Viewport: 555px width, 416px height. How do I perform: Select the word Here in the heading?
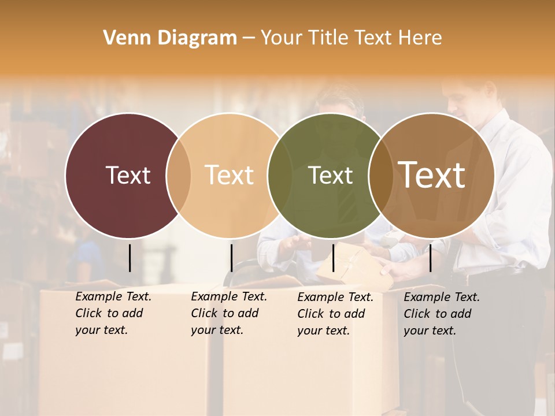421,38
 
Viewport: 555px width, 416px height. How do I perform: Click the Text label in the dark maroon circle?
128,175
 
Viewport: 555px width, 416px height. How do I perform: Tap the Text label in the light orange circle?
229,175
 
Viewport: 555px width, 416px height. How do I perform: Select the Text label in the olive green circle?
330,175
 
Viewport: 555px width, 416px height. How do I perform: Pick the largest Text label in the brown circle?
432,174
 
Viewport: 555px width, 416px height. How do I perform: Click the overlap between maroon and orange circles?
179,175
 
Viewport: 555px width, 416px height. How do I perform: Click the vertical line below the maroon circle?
129,258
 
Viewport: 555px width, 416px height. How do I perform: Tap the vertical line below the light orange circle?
231,258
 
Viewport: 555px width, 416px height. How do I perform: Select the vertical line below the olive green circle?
333,258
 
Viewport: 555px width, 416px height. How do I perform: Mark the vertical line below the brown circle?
430,258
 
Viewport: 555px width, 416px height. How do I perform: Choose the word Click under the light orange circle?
205,313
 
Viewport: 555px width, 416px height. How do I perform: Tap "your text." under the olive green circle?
323,330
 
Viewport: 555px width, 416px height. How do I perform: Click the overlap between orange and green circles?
280,175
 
